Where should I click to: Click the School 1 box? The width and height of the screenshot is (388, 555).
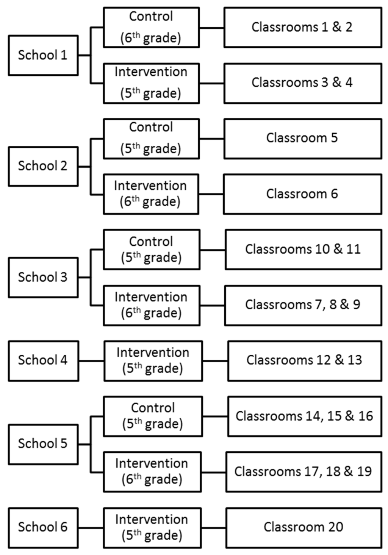(x=44, y=55)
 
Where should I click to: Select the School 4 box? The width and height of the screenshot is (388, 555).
(x=44, y=361)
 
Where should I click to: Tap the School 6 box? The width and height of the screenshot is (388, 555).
(x=44, y=527)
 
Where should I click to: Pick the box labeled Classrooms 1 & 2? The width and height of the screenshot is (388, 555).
(x=303, y=27)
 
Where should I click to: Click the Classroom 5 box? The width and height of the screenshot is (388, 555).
(x=303, y=139)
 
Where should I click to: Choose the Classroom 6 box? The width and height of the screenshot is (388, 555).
(x=302, y=194)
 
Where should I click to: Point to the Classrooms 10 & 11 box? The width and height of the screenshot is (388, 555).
(x=304, y=249)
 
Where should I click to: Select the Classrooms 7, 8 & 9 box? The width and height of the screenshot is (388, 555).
(x=303, y=305)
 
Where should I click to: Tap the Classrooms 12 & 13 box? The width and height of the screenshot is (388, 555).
(x=305, y=361)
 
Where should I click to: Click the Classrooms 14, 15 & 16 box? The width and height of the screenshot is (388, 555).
(x=305, y=416)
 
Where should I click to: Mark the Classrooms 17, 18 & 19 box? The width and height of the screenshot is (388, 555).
(x=304, y=472)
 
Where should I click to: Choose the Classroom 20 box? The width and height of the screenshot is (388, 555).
(x=304, y=527)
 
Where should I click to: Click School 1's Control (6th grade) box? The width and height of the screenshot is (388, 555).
(x=151, y=27)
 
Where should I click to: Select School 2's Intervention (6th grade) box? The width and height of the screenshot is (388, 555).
(x=151, y=194)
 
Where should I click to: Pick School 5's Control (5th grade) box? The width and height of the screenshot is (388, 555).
(x=153, y=416)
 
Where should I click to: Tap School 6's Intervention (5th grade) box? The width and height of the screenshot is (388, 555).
(x=152, y=527)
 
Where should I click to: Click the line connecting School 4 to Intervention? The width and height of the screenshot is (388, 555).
(x=91, y=361)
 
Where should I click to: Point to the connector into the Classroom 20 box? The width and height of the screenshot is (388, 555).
(x=213, y=528)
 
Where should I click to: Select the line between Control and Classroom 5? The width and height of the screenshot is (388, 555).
(x=212, y=139)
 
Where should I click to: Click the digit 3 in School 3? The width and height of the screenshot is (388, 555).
(x=64, y=277)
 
